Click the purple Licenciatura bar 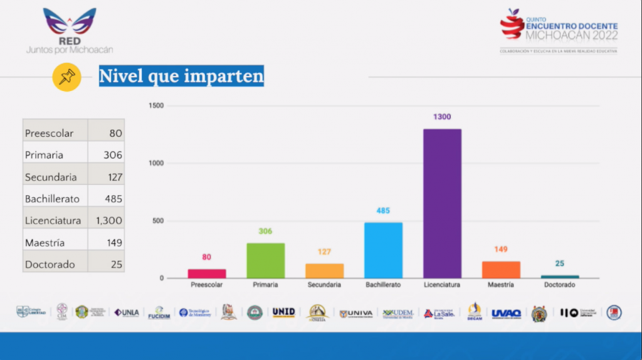442,203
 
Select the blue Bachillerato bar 383,250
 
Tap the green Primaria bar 265,260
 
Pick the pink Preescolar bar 207,273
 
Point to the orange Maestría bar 501,270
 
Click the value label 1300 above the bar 442,117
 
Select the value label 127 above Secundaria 324,252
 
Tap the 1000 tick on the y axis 156,163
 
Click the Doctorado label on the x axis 559,285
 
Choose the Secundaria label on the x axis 324,285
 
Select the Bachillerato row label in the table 52,199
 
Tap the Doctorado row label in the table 50,265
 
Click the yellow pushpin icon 66,77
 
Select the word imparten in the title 224,77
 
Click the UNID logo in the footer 283,312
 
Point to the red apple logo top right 512,24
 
